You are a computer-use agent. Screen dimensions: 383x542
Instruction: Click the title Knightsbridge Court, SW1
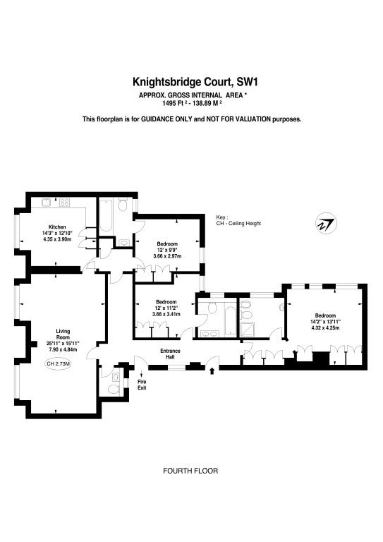196,83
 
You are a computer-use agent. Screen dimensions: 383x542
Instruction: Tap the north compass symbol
326,224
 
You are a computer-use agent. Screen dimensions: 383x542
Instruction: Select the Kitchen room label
57,227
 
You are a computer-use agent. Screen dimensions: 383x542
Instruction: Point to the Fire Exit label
142,385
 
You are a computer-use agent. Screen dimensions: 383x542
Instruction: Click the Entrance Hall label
170,354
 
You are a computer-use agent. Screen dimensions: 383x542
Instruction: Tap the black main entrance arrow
212,371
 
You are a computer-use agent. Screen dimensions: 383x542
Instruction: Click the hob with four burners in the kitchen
65,202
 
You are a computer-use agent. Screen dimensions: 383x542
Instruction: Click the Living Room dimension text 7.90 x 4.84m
62,349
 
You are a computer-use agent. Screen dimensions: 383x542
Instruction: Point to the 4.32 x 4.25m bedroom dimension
325,327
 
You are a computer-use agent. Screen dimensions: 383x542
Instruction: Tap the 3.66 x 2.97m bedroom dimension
167,256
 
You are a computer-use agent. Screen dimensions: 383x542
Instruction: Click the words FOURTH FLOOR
190,471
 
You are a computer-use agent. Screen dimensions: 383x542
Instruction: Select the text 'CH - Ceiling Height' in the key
238,223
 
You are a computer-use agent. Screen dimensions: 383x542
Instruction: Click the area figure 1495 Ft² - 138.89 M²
192,102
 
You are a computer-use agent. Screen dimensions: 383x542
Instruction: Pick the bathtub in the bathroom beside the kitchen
106,215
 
